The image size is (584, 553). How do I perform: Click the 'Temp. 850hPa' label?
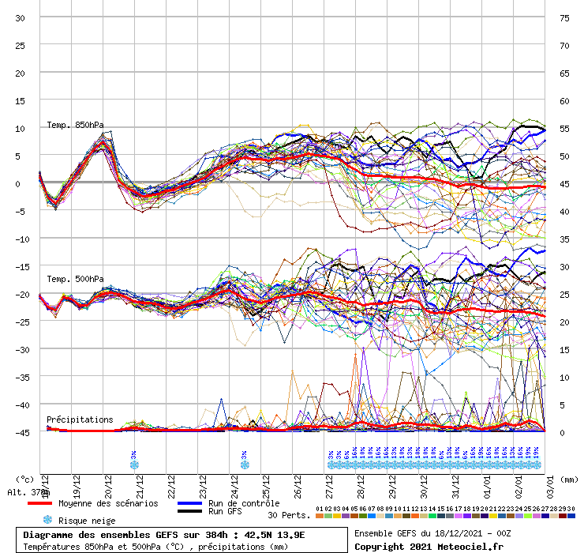pos(75,125)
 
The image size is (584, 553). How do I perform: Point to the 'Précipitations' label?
pos(80,419)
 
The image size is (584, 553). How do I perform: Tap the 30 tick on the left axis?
pos(21,18)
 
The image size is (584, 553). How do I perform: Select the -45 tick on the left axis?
pos(18,432)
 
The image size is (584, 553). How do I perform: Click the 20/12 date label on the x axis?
pos(108,483)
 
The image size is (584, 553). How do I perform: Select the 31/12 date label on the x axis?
pos(456,483)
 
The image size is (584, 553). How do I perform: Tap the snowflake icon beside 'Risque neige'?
pos(47,520)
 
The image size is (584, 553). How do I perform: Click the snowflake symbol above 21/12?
pos(134,465)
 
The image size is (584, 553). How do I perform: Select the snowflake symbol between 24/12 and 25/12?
pos(245,465)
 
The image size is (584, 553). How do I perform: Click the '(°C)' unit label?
pos(24,479)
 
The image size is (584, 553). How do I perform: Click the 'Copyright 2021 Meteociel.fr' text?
pos(429,546)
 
